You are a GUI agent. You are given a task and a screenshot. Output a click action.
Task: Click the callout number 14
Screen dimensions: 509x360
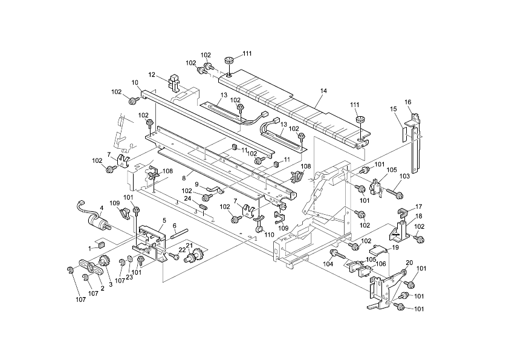(x=323, y=91)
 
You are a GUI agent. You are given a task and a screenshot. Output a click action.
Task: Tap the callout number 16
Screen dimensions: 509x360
(x=407, y=102)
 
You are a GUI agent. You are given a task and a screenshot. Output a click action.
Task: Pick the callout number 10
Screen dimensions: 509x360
(x=135, y=82)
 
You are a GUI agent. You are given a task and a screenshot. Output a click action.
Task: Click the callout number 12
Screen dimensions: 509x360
(x=152, y=74)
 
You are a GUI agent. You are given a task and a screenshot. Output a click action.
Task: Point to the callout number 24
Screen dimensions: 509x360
(x=187, y=198)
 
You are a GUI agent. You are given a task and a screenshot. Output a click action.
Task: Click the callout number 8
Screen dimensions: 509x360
(x=184, y=178)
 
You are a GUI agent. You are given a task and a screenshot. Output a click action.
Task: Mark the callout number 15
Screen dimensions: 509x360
(x=394, y=109)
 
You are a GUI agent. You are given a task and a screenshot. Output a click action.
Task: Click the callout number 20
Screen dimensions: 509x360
(x=410, y=263)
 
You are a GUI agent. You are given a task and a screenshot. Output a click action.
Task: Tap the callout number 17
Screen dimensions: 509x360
(x=419, y=206)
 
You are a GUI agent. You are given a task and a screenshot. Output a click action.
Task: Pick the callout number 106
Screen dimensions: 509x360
(x=381, y=264)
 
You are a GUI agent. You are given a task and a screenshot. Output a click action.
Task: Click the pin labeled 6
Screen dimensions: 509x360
(x=181, y=233)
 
